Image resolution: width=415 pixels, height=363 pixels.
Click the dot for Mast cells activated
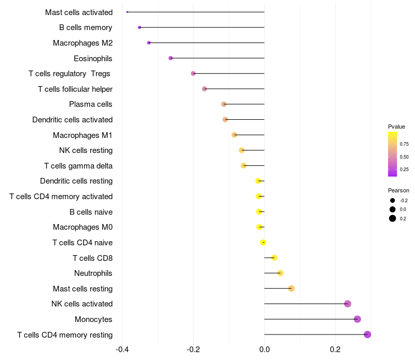coord(127,12)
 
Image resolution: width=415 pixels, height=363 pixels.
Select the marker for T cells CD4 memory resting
coord(367,334)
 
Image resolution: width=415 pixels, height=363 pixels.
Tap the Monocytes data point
coord(357,319)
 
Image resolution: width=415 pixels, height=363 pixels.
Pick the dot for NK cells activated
coord(348,304)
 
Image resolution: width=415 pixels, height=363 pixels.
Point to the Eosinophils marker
coord(171,58)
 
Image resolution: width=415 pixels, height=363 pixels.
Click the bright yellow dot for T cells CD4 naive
coord(263,242)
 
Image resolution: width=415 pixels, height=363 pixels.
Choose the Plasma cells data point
coord(224,104)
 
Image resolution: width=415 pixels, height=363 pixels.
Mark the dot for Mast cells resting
coord(292,288)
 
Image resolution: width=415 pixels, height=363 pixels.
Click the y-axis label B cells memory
coord(86,27)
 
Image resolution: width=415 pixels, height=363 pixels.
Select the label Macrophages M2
coord(82,43)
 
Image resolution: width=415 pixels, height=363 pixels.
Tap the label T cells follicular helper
coord(75,89)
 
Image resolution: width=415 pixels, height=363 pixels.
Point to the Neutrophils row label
coord(93,273)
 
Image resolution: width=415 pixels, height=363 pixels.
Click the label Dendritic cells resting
coord(76,181)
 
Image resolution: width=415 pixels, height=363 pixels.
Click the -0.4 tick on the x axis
coord(122,349)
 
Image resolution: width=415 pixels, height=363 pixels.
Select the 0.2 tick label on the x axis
coord(335,349)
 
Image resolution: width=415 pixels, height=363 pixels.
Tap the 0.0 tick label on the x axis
coord(264,349)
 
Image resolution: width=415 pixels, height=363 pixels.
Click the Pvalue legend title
coord(396,127)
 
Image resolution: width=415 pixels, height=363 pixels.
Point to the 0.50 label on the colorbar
coord(404,157)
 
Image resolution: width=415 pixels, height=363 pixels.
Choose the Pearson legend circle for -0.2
coord(393,201)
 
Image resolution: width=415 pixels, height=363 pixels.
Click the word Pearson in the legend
coord(398,190)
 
